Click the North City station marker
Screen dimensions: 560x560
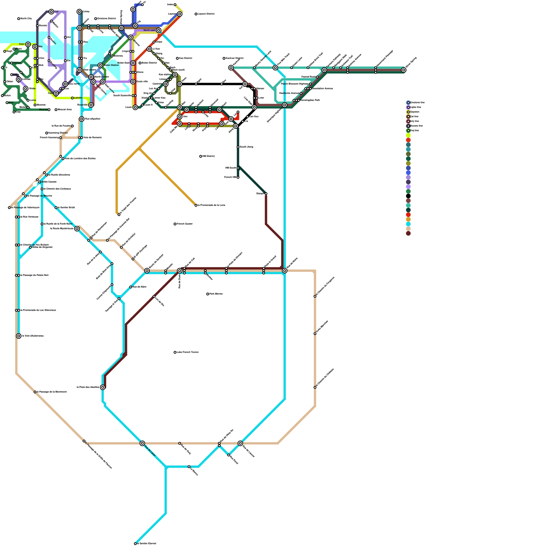[x=19, y=19]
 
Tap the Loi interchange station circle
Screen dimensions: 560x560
[x=51, y=12]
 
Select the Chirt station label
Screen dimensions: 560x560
[x=22, y=44]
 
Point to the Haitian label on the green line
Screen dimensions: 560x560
[x=17, y=63]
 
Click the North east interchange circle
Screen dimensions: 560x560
[x=159, y=30]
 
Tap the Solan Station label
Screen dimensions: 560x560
[x=112, y=65]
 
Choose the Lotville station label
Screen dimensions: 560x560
[x=78, y=98]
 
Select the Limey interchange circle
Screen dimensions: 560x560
[x=79, y=12]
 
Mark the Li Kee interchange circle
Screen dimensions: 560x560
[x=149, y=49]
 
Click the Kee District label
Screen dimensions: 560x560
[x=185, y=58]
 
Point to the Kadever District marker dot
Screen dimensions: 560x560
[x=224, y=58]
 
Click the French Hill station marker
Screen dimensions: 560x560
[x=238, y=177]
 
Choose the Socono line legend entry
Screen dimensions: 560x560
[x=416, y=126]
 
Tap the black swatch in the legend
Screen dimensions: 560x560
[x=408, y=196]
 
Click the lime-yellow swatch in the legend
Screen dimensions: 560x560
[x=408, y=135]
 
